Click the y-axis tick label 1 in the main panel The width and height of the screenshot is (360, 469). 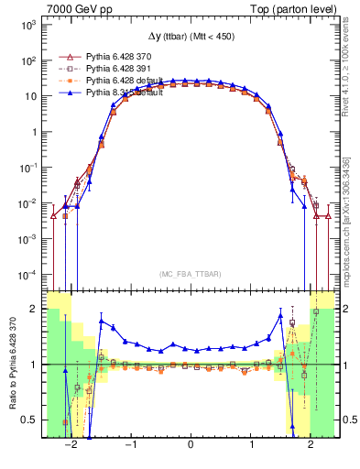(35, 132)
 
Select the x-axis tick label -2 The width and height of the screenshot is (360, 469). (70, 445)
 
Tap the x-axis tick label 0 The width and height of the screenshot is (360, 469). (191, 445)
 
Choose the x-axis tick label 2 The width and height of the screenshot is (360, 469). (311, 445)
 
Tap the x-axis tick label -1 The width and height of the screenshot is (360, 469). (130, 445)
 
